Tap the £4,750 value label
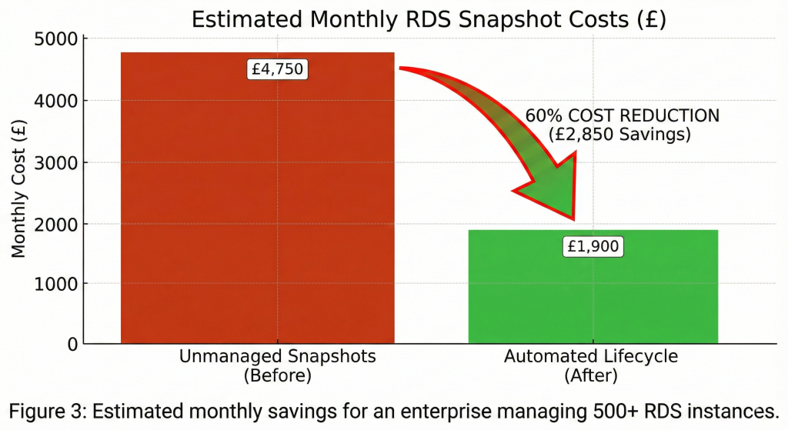point(278,69)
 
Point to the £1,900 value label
point(593,247)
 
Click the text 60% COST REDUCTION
point(622,115)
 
